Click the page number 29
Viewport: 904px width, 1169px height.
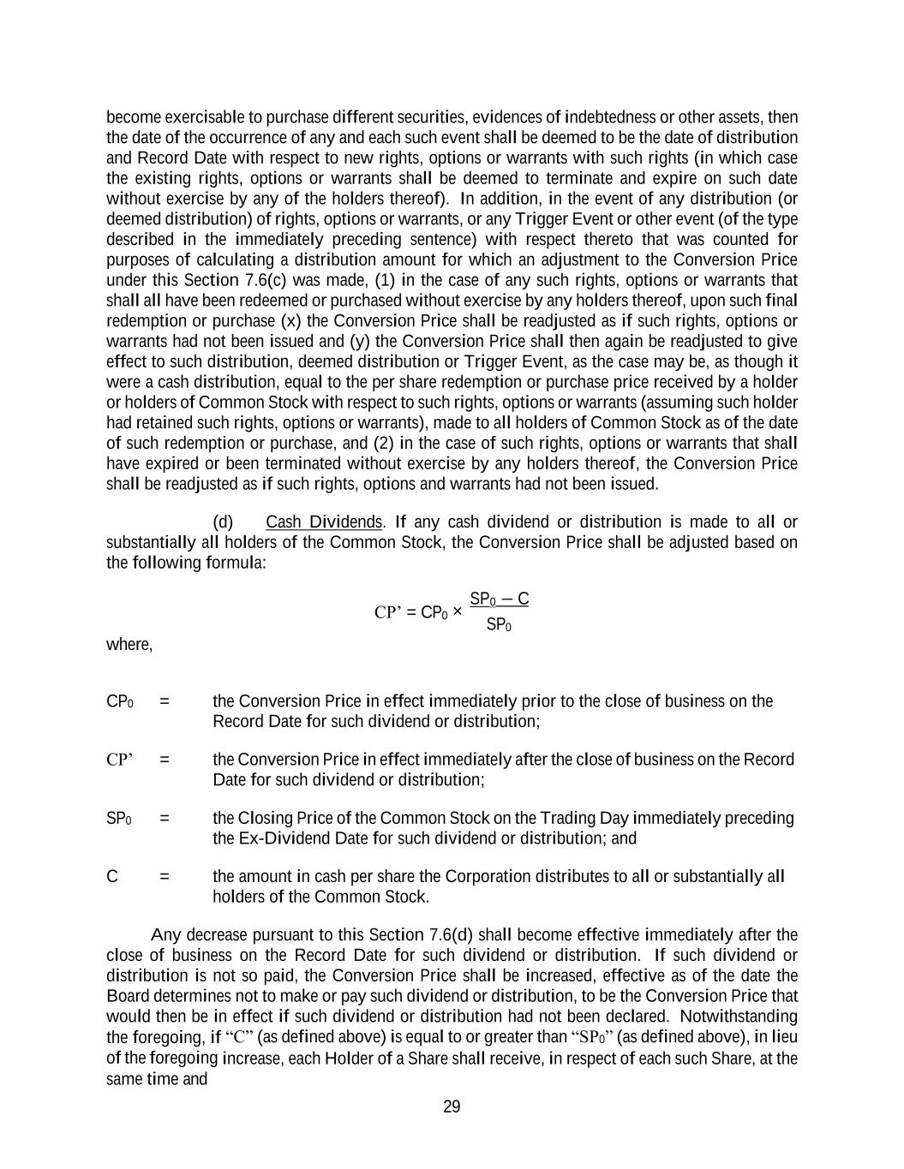click(x=452, y=1106)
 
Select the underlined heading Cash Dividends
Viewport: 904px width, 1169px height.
click(x=323, y=522)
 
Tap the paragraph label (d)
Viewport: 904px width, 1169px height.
click(x=223, y=522)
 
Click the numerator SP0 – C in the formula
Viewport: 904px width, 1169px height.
click(x=499, y=599)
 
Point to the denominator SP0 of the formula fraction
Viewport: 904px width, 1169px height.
click(x=499, y=625)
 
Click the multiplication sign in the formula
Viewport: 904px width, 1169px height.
click(x=457, y=612)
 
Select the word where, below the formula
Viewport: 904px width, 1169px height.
click(x=129, y=644)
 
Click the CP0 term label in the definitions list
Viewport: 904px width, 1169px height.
click(x=119, y=701)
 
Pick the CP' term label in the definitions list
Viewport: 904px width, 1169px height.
click(x=119, y=760)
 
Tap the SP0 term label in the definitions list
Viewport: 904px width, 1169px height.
click(x=118, y=818)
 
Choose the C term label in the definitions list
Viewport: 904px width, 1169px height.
click(x=112, y=876)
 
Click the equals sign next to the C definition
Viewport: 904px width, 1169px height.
click(x=164, y=876)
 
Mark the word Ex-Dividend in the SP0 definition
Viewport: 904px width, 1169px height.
click(x=278, y=838)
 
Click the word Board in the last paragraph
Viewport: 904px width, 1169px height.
click(x=128, y=996)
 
